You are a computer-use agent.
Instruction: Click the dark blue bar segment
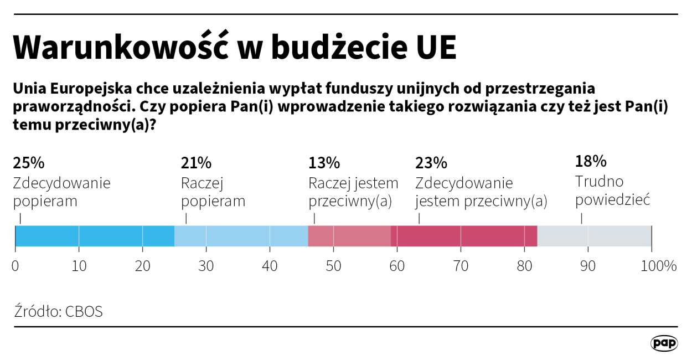[x=95, y=236]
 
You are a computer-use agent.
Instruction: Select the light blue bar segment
[x=241, y=236]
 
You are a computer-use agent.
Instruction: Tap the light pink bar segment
[x=349, y=236]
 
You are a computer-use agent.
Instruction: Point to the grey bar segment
[x=594, y=236]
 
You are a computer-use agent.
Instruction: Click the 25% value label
[x=28, y=163]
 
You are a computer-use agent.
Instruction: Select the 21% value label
[x=196, y=163]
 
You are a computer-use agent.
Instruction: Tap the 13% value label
[x=324, y=163]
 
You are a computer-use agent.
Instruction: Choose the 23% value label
[x=431, y=163]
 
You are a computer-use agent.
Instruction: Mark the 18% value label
[x=591, y=162]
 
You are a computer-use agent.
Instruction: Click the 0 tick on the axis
[x=16, y=266]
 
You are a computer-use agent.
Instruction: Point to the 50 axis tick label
[x=333, y=266]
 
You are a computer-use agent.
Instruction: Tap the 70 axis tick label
[x=461, y=266]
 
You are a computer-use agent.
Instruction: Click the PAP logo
[x=663, y=343]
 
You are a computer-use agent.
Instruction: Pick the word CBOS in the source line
[x=84, y=312]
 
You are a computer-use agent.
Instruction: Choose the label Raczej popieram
[x=213, y=192]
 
